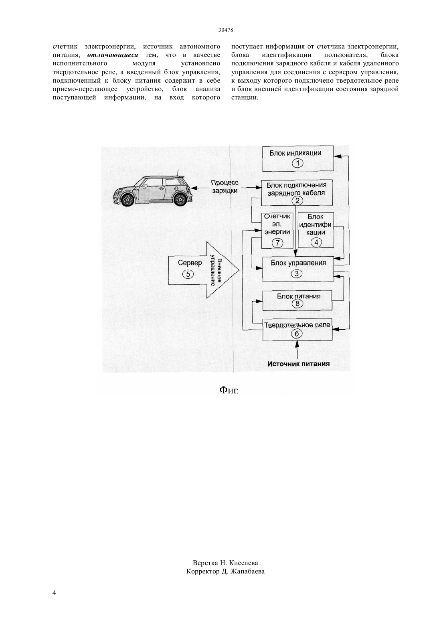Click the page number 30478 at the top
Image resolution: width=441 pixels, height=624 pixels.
click(225, 30)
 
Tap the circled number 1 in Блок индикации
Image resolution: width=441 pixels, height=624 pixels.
click(297, 163)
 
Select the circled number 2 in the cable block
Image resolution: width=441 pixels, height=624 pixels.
click(297, 201)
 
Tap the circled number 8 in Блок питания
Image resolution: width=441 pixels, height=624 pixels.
click(297, 304)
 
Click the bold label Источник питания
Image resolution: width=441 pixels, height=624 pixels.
click(298, 364)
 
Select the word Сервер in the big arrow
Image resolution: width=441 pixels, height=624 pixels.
click(190, 263)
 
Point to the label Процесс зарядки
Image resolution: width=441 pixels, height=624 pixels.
click(225, 186)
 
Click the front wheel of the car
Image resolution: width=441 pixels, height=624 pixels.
click(128, 199)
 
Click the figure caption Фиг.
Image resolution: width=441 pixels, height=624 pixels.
click(229, 390)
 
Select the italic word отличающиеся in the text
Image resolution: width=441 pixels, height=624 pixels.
click(113, 55)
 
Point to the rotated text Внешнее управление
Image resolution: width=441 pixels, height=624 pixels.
click(216, 272)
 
